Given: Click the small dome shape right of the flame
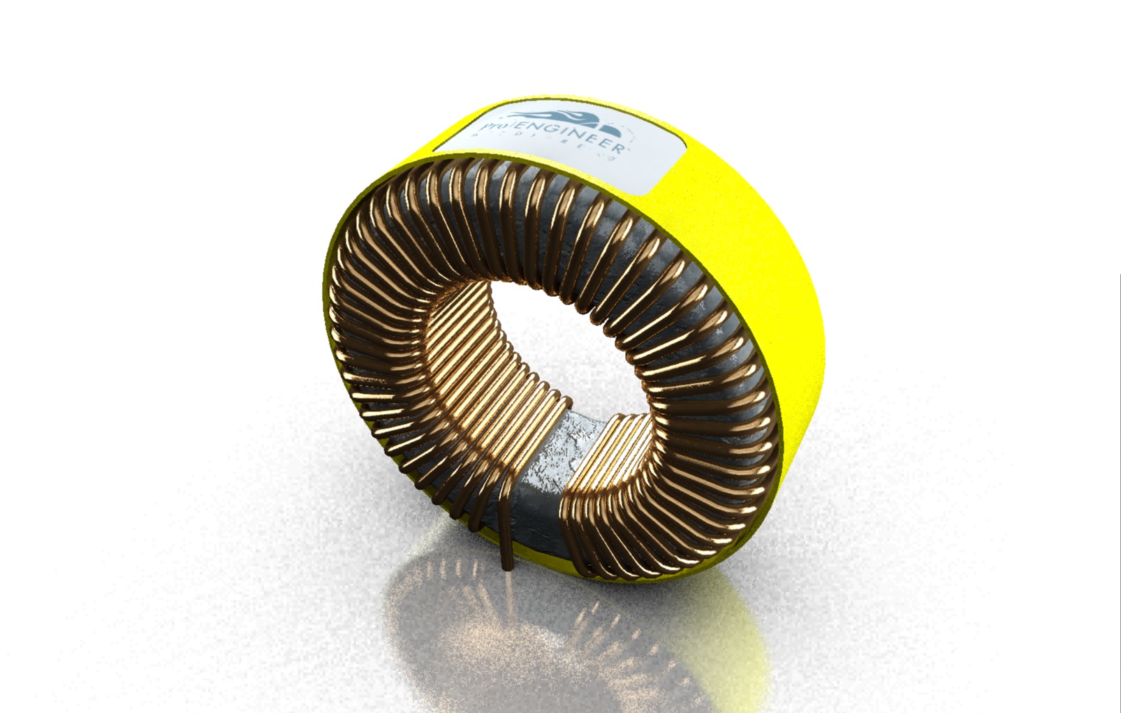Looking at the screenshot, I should pos(612,131).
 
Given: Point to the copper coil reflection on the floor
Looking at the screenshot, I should pos(489,622).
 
